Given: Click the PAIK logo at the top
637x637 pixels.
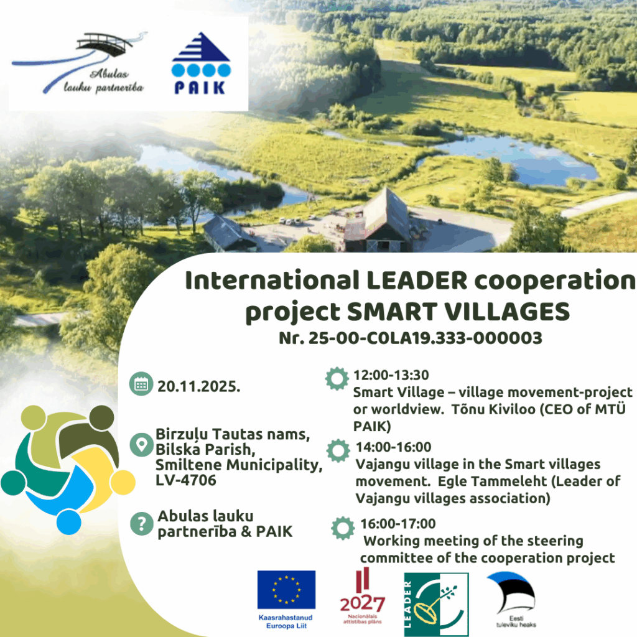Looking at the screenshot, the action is (x=201, y=63).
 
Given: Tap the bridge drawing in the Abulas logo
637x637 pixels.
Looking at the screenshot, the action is (x=105, y=44).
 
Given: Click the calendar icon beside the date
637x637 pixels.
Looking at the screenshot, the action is (x=141, y=384).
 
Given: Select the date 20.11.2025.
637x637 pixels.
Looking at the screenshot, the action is (x=198, y=386).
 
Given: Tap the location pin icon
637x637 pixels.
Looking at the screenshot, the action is (x=141, y=444).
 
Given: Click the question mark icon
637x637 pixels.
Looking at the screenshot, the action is (x=141, y=524).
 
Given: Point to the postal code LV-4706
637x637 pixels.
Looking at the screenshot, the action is (x=186, y=480).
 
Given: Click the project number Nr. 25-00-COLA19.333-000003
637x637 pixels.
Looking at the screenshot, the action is (x=411, y=338).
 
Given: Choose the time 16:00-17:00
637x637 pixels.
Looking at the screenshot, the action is (x=398, y=524).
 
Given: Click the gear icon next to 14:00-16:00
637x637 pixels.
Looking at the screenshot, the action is (x=338, y=450).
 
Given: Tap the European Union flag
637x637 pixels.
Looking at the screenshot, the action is (x=286, y=590).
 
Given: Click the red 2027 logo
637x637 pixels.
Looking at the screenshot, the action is (x=363, y=595).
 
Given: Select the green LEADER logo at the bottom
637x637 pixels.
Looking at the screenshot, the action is (x=436, y=604).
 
